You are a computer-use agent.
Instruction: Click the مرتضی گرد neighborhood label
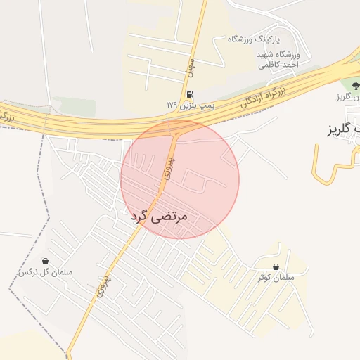click(x=160, y=217)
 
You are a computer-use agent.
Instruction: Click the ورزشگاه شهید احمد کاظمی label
click(x=279, y=59)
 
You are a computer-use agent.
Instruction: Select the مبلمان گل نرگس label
click(x=46, y=271)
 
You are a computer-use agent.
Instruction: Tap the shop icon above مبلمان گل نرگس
click(x=46, y=260)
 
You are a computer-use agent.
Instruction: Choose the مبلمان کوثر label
click(x=274, y=277)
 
